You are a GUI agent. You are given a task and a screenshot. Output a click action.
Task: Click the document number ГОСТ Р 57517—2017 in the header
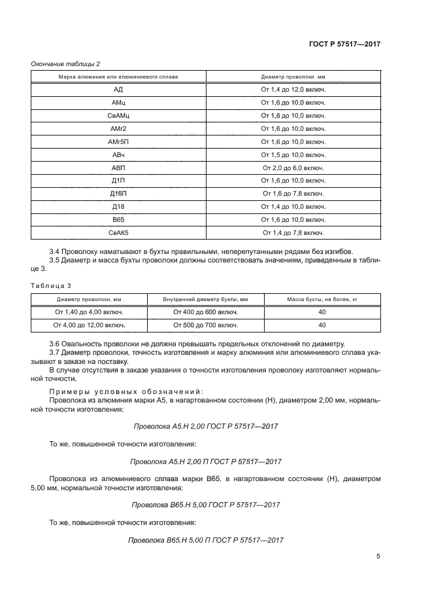344,44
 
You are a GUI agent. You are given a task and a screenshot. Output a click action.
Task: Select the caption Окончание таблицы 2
66,63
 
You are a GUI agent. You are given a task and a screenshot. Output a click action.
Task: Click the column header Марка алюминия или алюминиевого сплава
118,77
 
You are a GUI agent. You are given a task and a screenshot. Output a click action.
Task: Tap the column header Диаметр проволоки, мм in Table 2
293,77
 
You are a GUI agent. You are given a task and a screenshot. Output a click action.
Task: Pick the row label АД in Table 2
118,90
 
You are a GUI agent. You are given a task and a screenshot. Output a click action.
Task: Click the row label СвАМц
118,116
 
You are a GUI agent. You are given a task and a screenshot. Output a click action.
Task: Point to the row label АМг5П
118,141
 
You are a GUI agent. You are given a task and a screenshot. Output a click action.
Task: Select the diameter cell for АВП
293,168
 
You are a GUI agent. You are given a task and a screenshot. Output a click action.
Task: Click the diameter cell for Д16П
293,193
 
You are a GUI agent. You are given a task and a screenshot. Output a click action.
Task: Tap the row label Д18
118,206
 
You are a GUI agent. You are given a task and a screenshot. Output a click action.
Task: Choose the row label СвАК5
118,232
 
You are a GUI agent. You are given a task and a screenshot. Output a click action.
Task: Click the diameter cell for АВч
293,154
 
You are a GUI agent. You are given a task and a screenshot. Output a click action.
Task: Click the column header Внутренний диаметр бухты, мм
205,299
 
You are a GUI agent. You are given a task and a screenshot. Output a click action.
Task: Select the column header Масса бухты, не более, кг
322,299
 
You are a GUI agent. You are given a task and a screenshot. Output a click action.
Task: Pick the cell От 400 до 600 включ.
205,312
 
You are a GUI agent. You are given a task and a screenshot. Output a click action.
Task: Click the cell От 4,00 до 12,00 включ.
90,325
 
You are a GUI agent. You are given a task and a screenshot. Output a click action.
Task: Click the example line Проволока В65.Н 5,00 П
206,539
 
